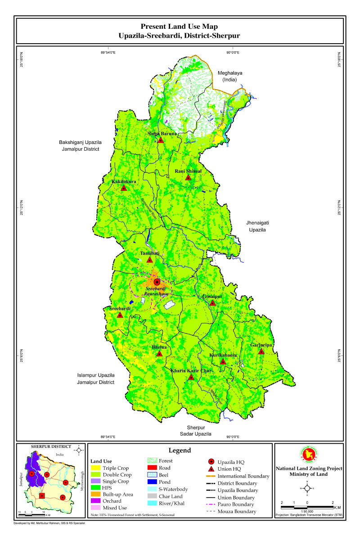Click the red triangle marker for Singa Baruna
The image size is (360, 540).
(x=160, y=140)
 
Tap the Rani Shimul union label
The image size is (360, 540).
(x=189, y=171)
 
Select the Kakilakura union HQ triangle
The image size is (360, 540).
(x=124, y=188)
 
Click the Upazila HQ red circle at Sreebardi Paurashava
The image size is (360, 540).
(x=157, y=282)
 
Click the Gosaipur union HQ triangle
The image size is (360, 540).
(x=212, y=303)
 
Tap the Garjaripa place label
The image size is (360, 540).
(x=261, y=345)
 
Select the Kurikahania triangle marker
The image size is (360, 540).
(x=223, y=362)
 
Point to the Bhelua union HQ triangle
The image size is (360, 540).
(x=159, y=354)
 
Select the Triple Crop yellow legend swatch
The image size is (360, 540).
(x=95, y=468)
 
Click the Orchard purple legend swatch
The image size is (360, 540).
(x=95, y=501)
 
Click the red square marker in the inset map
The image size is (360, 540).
(x=42, y=496)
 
